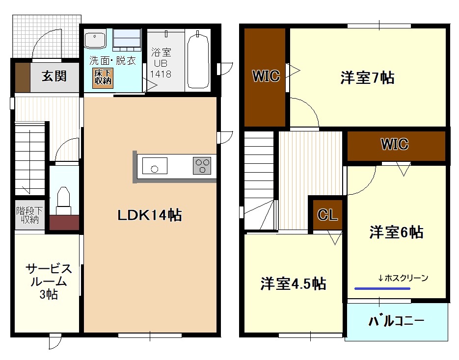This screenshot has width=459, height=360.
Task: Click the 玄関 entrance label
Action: pyautogui.click(x=54, y=77)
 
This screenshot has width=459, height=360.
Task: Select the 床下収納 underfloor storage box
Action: pyautogui.click(x=103, y=77)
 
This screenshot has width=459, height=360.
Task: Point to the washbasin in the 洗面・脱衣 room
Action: pyautogui.click(x=96, y=39)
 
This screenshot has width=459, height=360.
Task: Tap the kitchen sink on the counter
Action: pyautogui.click(x=155, y=166)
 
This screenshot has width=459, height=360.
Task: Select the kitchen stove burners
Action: pyautogui.click(x=202, y=165)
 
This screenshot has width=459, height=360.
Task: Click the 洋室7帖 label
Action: pyautogui.click(x=367, y=77)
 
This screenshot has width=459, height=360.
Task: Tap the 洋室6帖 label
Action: pyautogui.click(x=396, y=232)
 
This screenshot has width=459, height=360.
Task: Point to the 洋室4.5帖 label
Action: pyautogui.click(x=293, y=283)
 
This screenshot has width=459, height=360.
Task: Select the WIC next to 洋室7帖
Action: pyautogui.click(x=266, y=77)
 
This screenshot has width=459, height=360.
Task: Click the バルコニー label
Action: pyautogui.click(x=396, y=322)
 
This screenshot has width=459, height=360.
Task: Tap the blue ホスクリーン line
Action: pyautogui.click(x=382, y=288)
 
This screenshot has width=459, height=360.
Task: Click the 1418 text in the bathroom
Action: pyautogui.click(x=161, y=75)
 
